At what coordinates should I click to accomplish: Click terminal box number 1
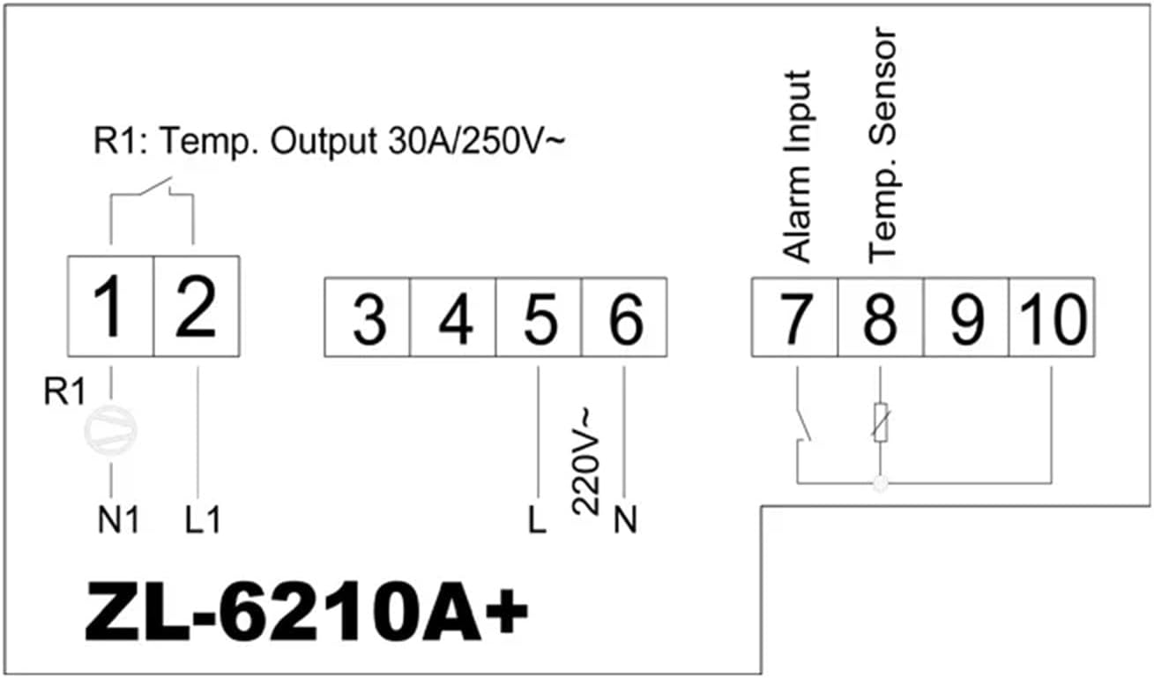[111, 305]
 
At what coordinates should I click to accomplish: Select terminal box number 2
[197, 305]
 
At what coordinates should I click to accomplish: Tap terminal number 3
[369, 318]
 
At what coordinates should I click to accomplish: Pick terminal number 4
[454, 318]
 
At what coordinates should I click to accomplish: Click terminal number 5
[539, 318]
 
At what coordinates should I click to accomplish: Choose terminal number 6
[624, 318]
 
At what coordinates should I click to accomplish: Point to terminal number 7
[794, 318]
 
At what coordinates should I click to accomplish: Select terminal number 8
[880, 318]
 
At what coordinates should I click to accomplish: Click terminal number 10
[1051, 318]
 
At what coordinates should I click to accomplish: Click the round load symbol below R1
[111, 429]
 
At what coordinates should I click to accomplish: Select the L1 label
[204, 520]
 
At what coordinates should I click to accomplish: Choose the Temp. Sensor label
[881, 144]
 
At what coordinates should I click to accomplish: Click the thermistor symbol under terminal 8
[880, 424]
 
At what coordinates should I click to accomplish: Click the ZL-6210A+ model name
[306, 609]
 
